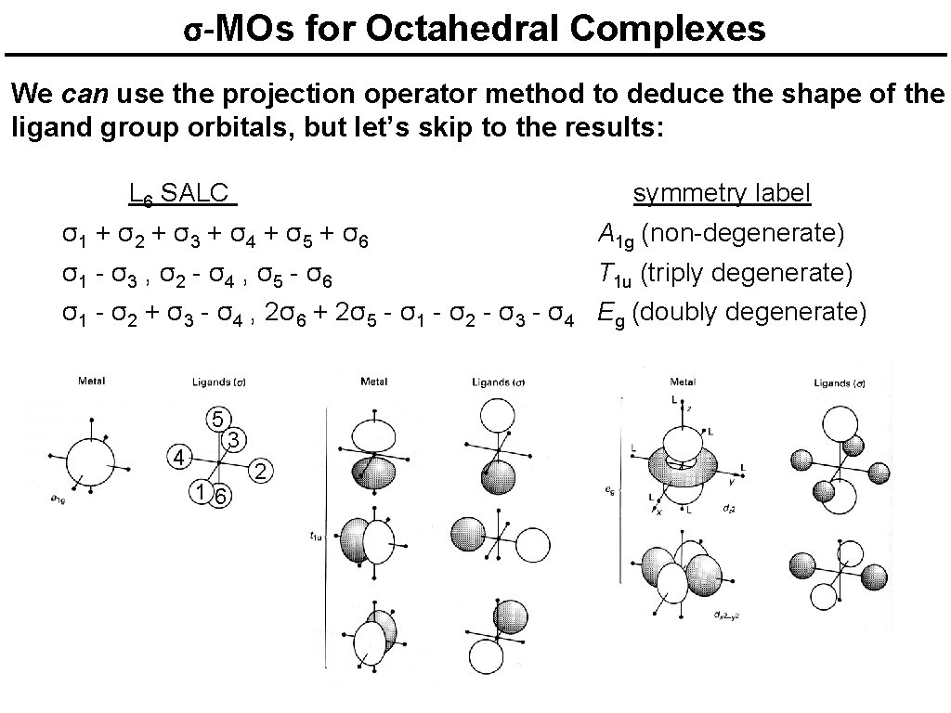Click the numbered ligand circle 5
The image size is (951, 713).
click(x=215, y=418)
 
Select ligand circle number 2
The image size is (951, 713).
click(x=262, y=471)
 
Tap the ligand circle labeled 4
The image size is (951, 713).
click(x=180, y=456)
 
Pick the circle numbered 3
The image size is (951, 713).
click(x=235, y=438)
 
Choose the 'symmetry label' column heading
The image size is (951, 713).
click(x=722, y=193)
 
